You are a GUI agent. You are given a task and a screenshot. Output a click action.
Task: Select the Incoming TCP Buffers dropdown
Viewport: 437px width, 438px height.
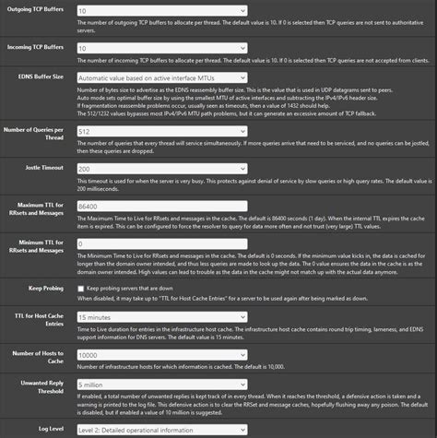[160, 46]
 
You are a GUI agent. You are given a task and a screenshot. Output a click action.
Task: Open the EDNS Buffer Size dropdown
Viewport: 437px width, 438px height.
[160, 78]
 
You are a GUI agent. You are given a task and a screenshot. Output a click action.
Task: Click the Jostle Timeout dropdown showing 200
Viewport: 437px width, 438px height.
[160, 170]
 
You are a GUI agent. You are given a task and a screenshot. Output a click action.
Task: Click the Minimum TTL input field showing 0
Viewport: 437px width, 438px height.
[160, 244]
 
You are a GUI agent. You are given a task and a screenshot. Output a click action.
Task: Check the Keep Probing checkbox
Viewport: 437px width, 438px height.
[81, 289]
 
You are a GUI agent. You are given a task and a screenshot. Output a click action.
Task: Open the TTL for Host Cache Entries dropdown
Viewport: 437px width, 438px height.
[160, 316]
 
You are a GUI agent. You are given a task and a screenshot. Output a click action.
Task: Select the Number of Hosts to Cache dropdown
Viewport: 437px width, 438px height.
[160, 353]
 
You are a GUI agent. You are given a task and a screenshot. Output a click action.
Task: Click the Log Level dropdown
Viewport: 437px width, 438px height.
[160, 431]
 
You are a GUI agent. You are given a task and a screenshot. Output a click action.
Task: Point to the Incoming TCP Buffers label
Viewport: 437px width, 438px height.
[39, 45]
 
